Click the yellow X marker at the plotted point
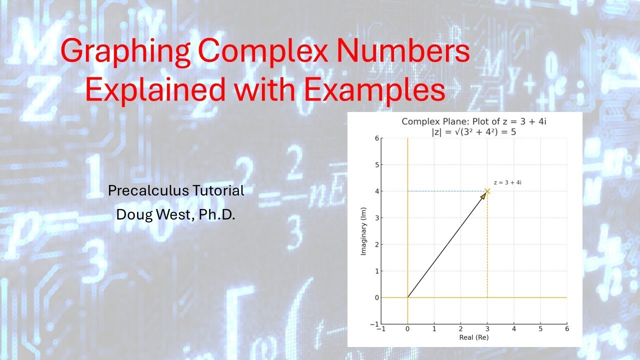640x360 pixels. point(487,191)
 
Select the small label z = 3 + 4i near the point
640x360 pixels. point(507,182)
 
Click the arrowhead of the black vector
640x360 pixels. point(483,196)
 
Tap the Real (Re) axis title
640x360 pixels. point(473,337)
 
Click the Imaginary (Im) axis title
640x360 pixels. point(363,231)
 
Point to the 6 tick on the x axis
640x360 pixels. point(567,328)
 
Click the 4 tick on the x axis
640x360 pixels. point(514,328)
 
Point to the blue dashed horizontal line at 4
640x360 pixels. point(445,191)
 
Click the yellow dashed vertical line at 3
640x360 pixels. point(487,250)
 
